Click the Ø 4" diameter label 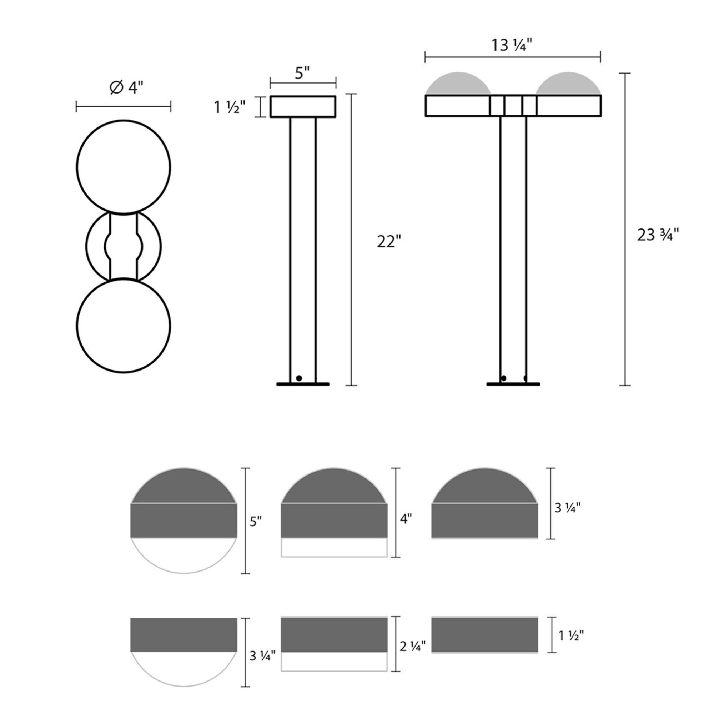click(x=126, y=88)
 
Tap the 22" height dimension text click(x=389, y=242)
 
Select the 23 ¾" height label click(x=658, y=235)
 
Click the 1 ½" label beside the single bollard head click(x=230, y=107)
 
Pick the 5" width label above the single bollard click(x=302, y=73)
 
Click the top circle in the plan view click(x=124, y=167)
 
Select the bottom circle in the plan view click(x=124, y=325)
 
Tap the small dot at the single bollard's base click(x=299, y=378)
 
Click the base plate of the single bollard click(x=303, y=384)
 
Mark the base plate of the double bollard click(x=513, y=384)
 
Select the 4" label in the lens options click(x=406, y=518)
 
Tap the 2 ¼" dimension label click(x=412, y=647)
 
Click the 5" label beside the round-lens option click(x=256, y=522)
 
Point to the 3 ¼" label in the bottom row click(x=262, y=657)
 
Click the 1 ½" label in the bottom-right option click(x=571, y=636)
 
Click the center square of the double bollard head click(x=513, y=106)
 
